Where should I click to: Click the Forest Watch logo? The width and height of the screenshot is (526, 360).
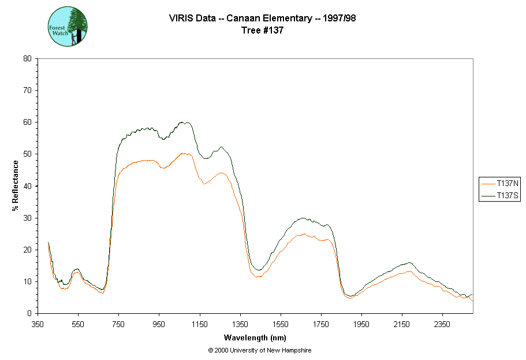[68, 27]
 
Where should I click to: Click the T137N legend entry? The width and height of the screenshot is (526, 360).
[501, 184]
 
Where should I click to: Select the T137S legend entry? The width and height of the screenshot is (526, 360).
[501, 196]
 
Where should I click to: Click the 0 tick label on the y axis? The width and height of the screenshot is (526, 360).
[29, 313]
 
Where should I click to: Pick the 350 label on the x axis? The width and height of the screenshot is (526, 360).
[38, 324]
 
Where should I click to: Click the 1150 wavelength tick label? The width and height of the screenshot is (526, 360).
[200, 324]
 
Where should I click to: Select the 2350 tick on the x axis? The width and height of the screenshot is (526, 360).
[442, 324]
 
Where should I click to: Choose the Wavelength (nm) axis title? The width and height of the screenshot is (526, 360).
[255, 337]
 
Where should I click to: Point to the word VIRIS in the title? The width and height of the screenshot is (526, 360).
[180, 18]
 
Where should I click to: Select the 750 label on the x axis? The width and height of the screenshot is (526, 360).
[119, 324]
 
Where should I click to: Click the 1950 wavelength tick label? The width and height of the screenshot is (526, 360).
[361, 324]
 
